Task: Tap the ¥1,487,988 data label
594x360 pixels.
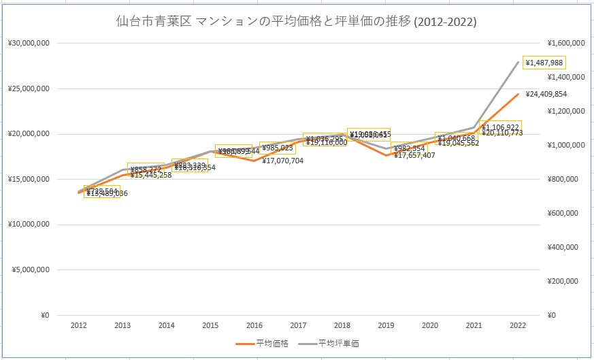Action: point(544,63)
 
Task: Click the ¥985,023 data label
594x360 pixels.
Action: point(277,148)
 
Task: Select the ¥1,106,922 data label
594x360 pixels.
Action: point(500,127)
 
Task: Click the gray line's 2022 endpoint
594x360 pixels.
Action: point(518,62)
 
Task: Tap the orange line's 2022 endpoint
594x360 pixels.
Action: point(518,94)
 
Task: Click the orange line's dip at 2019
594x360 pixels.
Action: point(386,155)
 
